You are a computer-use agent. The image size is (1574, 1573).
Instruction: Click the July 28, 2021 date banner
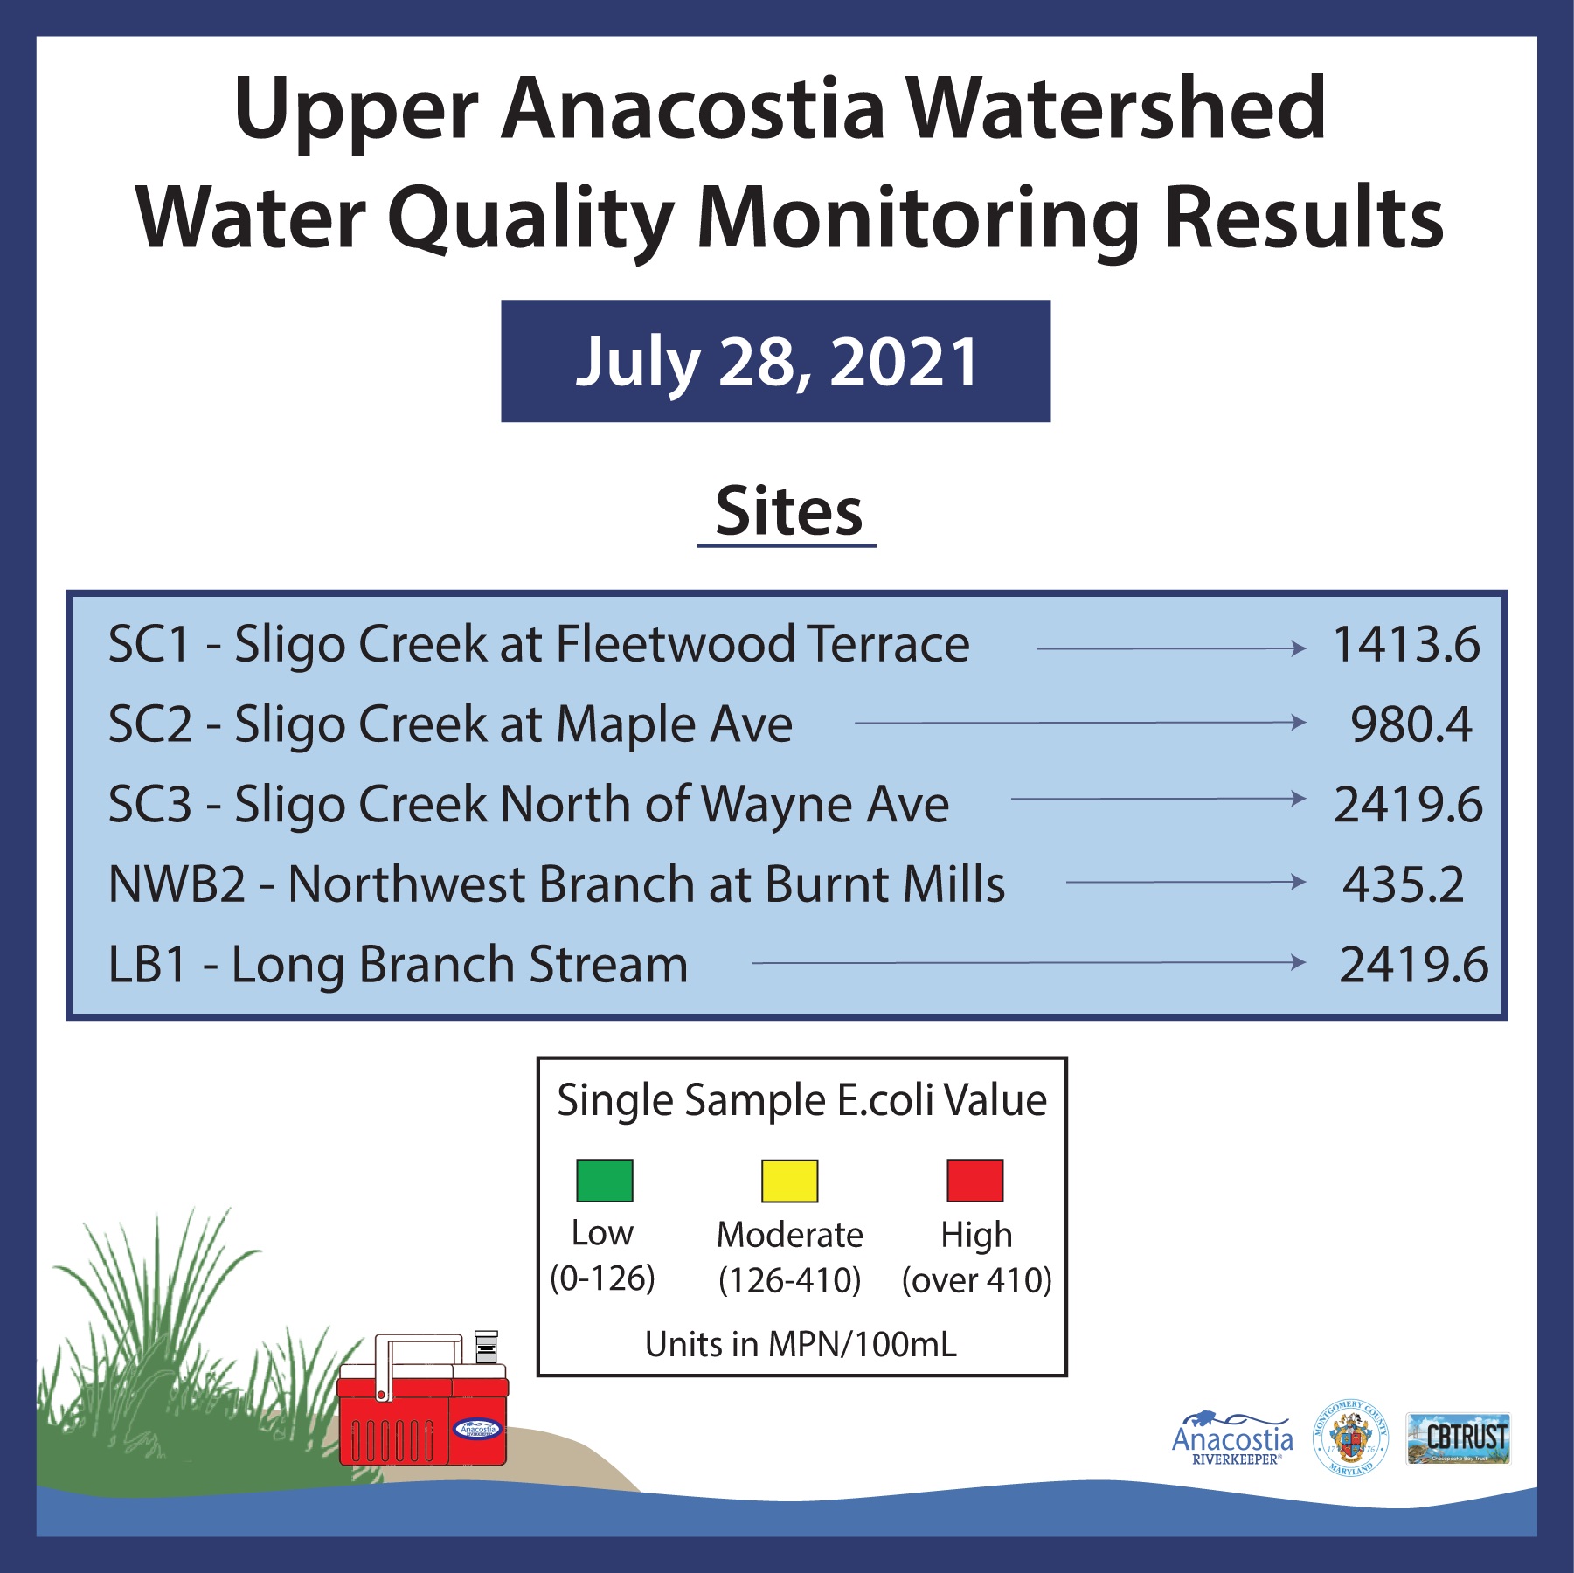click(775, 361)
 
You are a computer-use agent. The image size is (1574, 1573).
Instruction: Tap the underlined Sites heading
click(788, 513)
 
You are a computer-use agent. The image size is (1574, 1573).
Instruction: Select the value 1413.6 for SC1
click(1405, 645)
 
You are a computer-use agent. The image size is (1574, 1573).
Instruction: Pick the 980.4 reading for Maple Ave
click(1411, 724)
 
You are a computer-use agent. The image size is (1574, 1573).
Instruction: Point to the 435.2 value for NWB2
click(1403, 884)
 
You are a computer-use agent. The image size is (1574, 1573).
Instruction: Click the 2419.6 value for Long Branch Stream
click(1413, 965)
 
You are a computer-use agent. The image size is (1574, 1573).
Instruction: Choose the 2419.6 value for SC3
click(1408, 805)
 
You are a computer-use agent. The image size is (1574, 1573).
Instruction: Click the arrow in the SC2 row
click(1080, 723)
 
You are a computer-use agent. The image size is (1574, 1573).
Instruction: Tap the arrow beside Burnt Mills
click(1186, 882)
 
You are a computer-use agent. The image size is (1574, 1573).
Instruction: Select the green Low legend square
click(604, 1181)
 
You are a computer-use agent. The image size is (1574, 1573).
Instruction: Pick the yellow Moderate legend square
click(789, 1181)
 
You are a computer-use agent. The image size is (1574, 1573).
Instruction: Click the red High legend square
click(975, 1181)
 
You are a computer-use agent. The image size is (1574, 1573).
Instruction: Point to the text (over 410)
click(976, 1280)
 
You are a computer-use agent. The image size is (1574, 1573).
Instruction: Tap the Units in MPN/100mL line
click(801, 1344)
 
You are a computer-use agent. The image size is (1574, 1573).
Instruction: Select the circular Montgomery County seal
click(1350, 1438)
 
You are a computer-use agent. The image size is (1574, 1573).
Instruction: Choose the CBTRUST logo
click(1458, 1438)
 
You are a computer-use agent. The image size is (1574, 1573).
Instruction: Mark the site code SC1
click(149, 645)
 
